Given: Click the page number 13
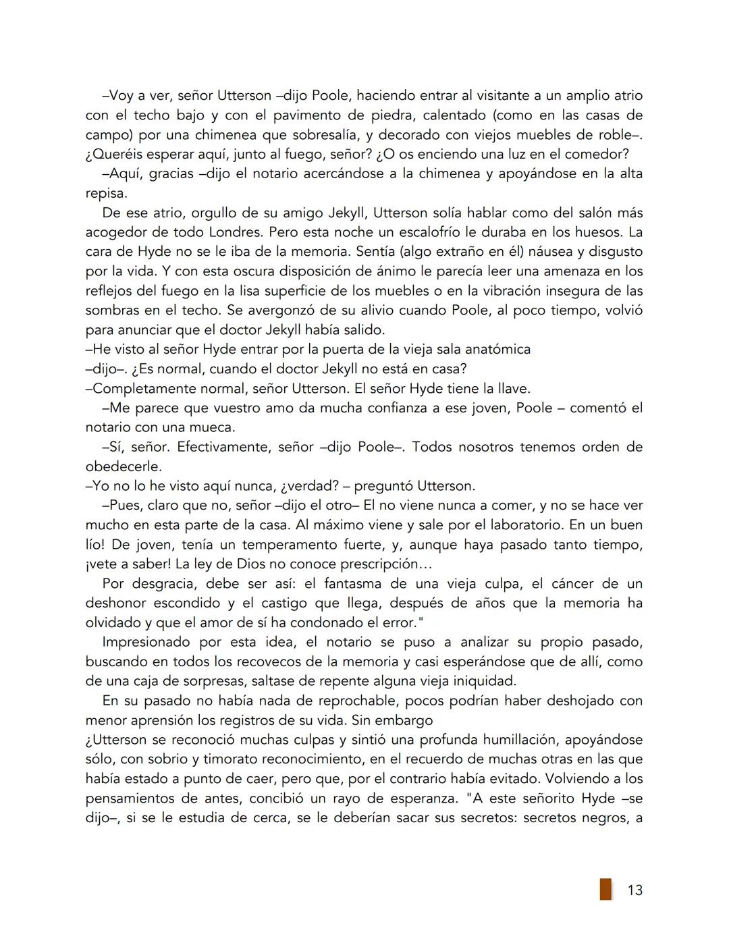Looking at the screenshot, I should pos(634,890).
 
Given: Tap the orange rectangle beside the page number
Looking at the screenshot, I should pos(605,889).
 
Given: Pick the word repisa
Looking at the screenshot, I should pos(105,193).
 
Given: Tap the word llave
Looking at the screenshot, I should pos(511,389).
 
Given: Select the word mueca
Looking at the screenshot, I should pos(212,428).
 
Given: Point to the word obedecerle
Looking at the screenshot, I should pos(124,467).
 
